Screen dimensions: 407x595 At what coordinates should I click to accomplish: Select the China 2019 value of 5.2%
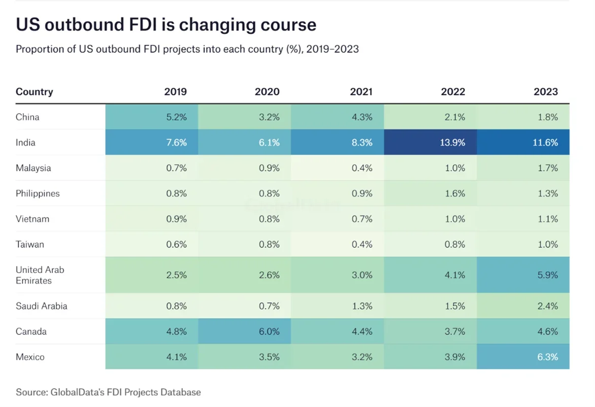click(176, 117)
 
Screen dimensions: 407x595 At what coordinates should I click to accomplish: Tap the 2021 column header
click(361, 92)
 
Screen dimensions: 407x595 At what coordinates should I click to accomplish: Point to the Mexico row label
click(30, 357)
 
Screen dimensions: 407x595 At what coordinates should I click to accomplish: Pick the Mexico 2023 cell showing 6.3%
click(547, 357)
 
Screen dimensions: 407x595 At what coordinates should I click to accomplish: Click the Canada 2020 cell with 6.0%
click(269, 332)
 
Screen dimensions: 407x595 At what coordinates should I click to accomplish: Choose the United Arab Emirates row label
click(40, 275)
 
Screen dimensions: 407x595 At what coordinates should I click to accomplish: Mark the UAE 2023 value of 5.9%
click(547, 275)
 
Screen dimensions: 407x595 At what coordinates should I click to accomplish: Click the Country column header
click(34, 92)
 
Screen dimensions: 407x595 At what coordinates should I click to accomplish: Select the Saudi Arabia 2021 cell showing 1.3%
click(362, 306)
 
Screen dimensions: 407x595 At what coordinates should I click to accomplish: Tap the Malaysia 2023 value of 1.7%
click(548, 168)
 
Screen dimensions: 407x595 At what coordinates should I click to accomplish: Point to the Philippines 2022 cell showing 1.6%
click(454, 193)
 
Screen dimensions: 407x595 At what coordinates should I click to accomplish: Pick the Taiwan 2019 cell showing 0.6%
click(177, 245)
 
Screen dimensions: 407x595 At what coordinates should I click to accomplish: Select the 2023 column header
click(546, 92)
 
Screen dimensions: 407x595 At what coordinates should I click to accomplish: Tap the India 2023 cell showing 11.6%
click(545, 143)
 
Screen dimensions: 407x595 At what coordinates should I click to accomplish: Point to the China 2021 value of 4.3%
click(362, 117)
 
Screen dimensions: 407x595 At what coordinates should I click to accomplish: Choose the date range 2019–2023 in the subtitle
click(334, 50)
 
